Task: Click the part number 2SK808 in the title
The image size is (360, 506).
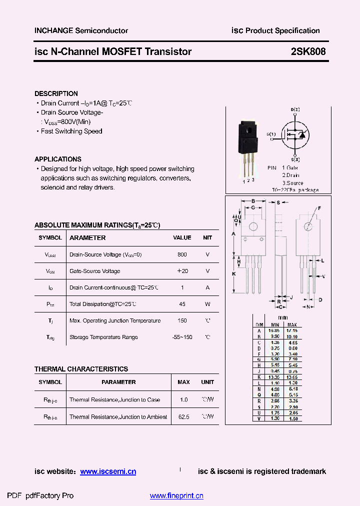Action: [x=308, y=51]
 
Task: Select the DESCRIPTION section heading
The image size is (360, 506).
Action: [x=56, y=93]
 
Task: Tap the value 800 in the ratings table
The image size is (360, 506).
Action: [x=182, y=254]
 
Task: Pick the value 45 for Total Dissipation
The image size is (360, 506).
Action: [x=182, y=304]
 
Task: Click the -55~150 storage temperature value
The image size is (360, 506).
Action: [x=182, y=337]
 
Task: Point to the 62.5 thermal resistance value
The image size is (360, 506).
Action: [x=183, y=416]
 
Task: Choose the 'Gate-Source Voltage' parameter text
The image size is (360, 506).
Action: [x=94, y=271]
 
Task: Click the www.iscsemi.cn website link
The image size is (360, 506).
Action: [x=108, y=471]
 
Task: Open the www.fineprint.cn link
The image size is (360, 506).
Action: [x=176, y=496]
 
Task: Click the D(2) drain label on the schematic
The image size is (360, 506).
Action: [x=295, y=109]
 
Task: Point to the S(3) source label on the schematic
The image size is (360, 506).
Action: [x=295, y=159]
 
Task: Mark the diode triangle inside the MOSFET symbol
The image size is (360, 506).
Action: [x=301, y=135]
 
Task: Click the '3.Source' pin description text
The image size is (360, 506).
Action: [x=292, y=183]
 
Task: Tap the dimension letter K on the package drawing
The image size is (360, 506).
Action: [x=233, y=274]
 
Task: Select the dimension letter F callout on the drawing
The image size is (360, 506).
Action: [x=319, y=207]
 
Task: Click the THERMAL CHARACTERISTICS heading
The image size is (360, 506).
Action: [x=81, y=369]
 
